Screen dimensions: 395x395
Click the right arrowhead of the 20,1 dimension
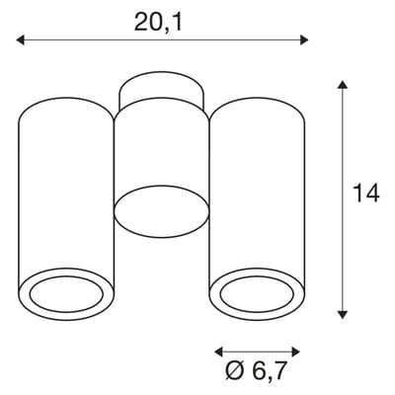(304, 40)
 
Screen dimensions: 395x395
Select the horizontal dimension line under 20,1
(164, 40)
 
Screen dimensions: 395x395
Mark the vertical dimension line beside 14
(342, 197)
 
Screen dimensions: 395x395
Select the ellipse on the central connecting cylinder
(163, 208)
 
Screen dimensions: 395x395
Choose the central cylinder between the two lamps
(162, 148)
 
